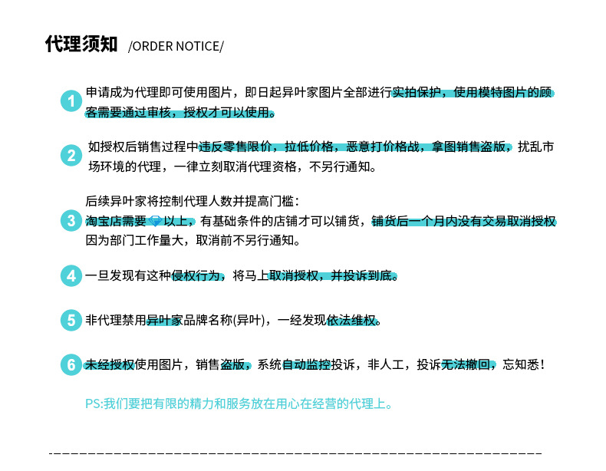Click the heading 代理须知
click(x=81, y=44)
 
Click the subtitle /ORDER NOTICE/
click(x=176, y=46)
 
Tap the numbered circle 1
click(x=71, y=101)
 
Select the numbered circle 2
click(x=71, y=156)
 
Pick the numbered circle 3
click(x=71, y=221)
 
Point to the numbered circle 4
click(x=71, y=275)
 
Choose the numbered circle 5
click(x=71, y=320)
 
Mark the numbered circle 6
click(x=71, y=365)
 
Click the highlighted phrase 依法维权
click(x=352, y=320)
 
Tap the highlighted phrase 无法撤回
click(x=467, y=365)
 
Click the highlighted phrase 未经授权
click(x=110, y=365)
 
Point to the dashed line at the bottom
click(x=295, y=453)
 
